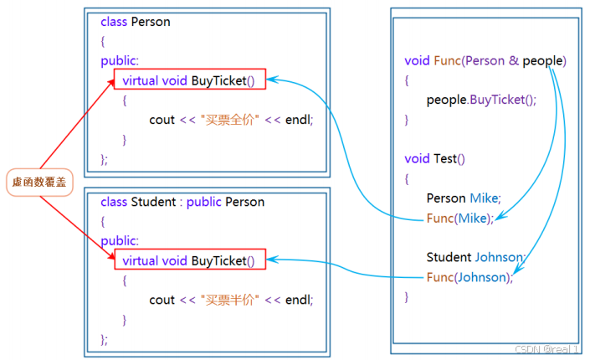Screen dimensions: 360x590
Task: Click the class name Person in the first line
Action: coord(151,22)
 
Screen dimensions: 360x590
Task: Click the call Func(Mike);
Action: coord(459,218)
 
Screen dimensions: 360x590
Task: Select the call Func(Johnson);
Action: coord(469,277)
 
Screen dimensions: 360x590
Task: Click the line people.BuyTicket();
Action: coord(480,100)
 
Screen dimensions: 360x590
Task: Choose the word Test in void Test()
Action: coord(445,158)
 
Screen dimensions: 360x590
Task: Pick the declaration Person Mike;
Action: coord(463,198)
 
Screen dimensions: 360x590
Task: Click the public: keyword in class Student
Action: coord(120,241)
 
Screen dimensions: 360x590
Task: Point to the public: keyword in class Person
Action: coord(120,60)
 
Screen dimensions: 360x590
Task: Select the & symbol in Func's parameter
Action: coord(513,60)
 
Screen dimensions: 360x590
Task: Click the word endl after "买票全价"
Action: coord(297,119)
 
